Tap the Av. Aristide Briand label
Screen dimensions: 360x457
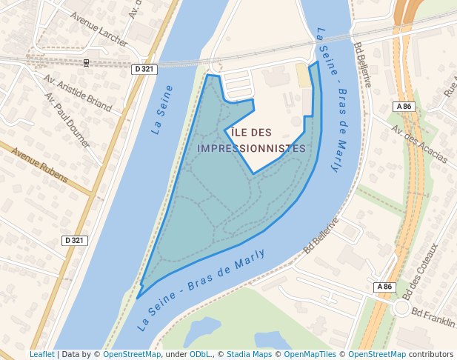click(x=78, y=92)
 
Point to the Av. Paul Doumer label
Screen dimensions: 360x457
click(x=68, y=120)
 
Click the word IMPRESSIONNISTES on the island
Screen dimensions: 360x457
click(x=253, y=148)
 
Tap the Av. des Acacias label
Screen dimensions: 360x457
click(x=419, y=143)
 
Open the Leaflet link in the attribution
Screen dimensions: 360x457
click(x=42, y=355)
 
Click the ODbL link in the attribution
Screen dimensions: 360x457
click(x=201, y=355)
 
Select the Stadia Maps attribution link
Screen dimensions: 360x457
click(x=249, y=355)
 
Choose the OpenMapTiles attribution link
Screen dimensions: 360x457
click(x=311, y=355)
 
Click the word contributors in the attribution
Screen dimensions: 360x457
click(x=431, y=355)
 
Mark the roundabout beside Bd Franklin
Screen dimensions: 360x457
click(x=401, y=307)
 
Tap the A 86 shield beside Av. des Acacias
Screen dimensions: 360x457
click(x=404, y=107)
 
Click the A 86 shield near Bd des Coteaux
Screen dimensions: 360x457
click(x=383, y=287)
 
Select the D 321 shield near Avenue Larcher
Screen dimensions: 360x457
click(x=144, y=69)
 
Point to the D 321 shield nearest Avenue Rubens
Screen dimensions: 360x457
click(x=74, y=241)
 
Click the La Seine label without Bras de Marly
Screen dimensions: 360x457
click(x=162, y=110)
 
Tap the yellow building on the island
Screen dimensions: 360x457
click(x=303, y=75)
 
